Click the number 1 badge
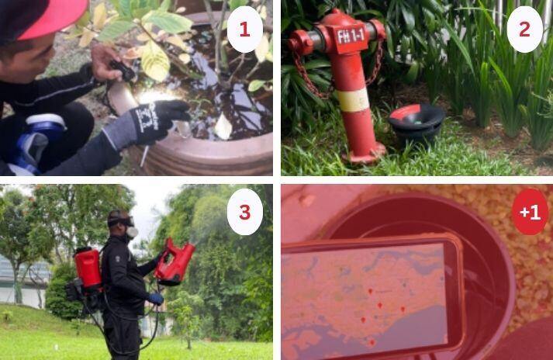click(x=244, y=30)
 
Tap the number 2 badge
click(x=524, y=30)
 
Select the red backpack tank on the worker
click(x=88, y=268)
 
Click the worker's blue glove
click(x=156, y=298)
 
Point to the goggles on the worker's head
click(x=122, y=220)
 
